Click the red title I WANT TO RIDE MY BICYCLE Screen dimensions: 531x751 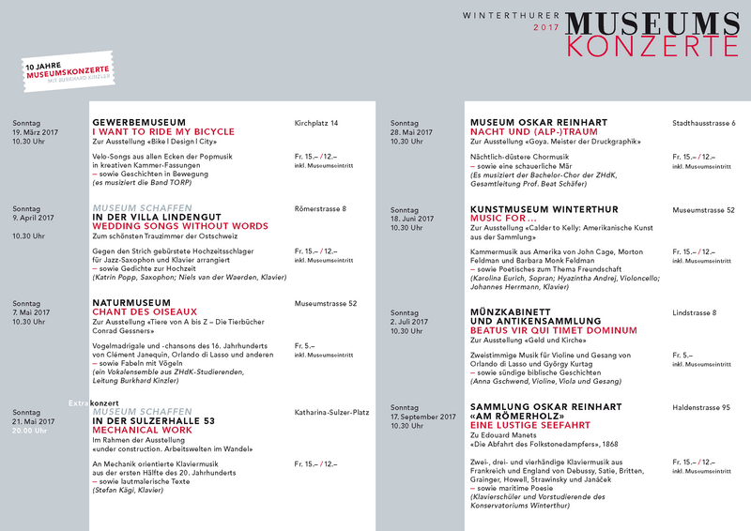coord(163,132)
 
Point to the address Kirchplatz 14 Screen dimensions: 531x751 coord(315,123)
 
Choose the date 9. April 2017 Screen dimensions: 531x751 coord(33,218)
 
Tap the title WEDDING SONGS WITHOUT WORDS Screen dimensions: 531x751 coord(179,226)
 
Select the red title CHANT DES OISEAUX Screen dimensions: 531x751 coord(145,311)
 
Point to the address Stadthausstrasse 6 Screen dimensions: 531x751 coord(704,123)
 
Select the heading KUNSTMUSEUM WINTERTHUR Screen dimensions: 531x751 coord(544,208)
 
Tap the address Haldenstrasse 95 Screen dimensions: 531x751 coord(700,407)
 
